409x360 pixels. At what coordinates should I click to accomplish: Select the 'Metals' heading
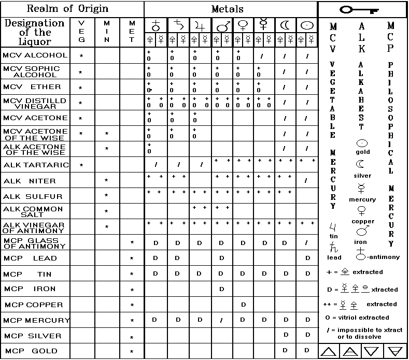pyautogui.click(x=227, y=9)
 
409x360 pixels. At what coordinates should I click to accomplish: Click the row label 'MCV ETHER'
pyautogui.click(x=32, y=87)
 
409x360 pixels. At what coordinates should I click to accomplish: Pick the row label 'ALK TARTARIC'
pyautogui.click(x=36, y=165)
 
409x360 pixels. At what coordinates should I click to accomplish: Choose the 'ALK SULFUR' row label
pyautogui.click(x=33, y=197)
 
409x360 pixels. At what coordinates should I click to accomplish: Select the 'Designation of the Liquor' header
pyautogui.click(x=34, y=32)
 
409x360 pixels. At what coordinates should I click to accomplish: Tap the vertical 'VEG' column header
pyautogui.click(x=80, y=32)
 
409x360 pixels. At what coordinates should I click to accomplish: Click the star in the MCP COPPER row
pyautogui.click(x=132, y=306)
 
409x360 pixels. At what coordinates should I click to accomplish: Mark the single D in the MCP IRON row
pyautogui.click(x=222, y=289)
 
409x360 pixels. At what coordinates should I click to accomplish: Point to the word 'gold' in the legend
pyautogui.click(x=363, y=152)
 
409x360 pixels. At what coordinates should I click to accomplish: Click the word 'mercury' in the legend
pyautogui.click(x=363, y=199)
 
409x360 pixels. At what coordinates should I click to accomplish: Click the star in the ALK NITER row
pyautogui.click(x=106, y=181)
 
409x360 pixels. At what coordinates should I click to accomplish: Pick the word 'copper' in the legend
pyautogui.click(x=363, y=222)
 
